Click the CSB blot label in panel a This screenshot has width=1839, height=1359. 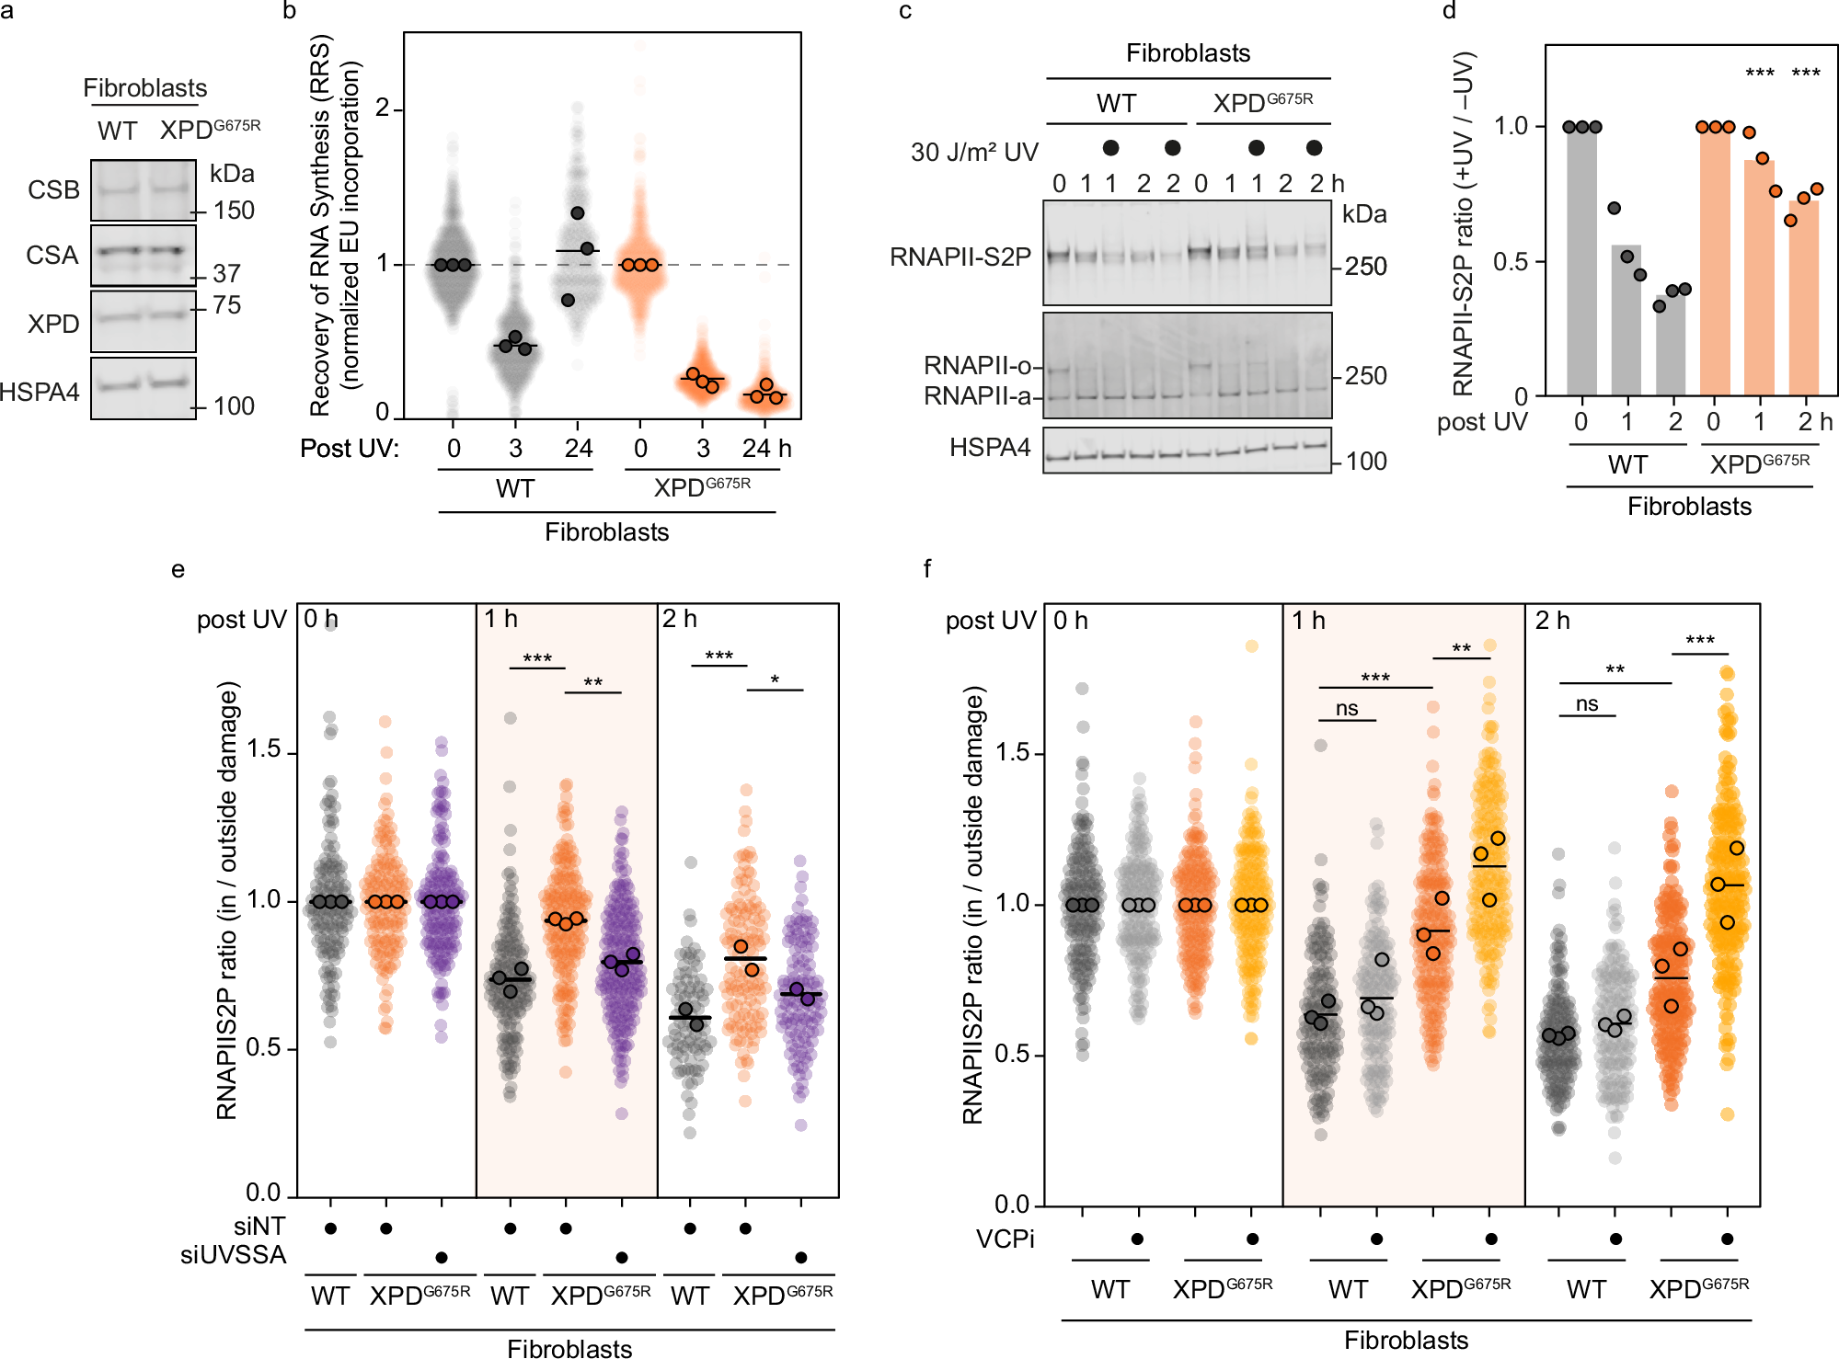pos(53,190)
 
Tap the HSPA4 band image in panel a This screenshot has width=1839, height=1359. pos(144,387)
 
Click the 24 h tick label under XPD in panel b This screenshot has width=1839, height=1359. pos(766,449)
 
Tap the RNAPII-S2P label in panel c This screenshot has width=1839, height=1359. pos(960,257)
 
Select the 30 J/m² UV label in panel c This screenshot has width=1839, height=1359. pos(973,152)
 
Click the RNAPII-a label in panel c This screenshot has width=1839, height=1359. pos(977,396)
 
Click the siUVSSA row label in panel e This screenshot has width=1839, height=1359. pos(233,1255)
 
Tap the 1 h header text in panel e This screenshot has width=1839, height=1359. pos(500,619)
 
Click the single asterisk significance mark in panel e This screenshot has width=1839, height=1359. pos(775,680)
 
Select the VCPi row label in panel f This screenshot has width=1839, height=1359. pos(1005,1239)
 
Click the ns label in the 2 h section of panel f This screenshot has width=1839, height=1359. pos(1587,704)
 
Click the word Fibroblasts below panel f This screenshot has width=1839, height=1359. pos(1406,1341)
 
